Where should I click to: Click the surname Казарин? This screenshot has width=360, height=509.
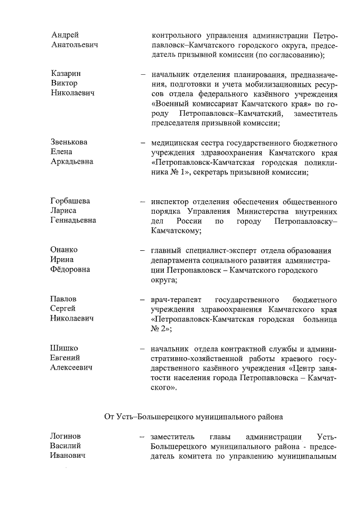[x=65, y=74]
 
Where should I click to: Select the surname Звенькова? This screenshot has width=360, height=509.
[x=69, y=142]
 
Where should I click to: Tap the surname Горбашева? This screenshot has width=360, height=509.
[x=70, y=201]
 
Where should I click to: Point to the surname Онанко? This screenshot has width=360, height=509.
[x=64, y=250]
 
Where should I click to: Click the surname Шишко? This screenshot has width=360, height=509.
[x=64, y=348]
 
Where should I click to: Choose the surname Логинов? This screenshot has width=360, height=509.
[x=66, y=436]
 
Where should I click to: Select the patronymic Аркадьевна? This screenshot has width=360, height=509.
[x=72, y=161]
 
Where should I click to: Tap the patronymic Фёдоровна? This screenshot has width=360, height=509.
[x=70, y=269]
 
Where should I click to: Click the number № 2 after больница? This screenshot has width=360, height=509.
[x=160, y=328]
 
